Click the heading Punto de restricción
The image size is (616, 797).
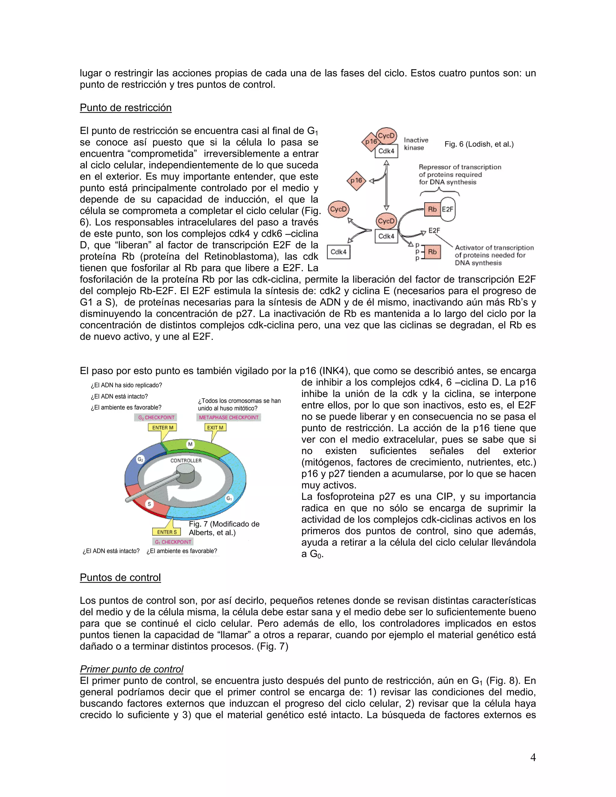click(x=125, y=108)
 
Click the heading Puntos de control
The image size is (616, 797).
click(x=120, y=577)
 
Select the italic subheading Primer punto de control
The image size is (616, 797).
click(x=131, y=669)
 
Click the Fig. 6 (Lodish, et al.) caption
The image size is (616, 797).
click(x=479, y=144)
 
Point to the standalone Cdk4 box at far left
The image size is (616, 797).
click(x=338, y=252)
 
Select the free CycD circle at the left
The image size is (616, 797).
click(x=338, y=209)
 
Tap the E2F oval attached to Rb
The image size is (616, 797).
click(x=448, y=209)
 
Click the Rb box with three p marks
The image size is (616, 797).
click(x=432, y=252)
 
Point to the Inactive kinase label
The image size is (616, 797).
click(x=416, y=144)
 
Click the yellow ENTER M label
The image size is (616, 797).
click(x=162, y=427)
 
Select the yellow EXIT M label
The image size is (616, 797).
click(x=215, y=427)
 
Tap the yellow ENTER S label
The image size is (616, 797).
click(x=166, y=532)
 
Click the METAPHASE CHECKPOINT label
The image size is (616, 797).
click(x=229, y=417)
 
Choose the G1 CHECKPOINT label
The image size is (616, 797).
click(x=173, y=542)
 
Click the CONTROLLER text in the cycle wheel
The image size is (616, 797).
click(x=186, y=460)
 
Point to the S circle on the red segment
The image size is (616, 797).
click(x=149, y=504)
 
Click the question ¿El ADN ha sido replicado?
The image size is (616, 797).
click(x=126, y=385)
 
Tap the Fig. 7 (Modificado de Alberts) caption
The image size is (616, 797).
click(x=224, y=528)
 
